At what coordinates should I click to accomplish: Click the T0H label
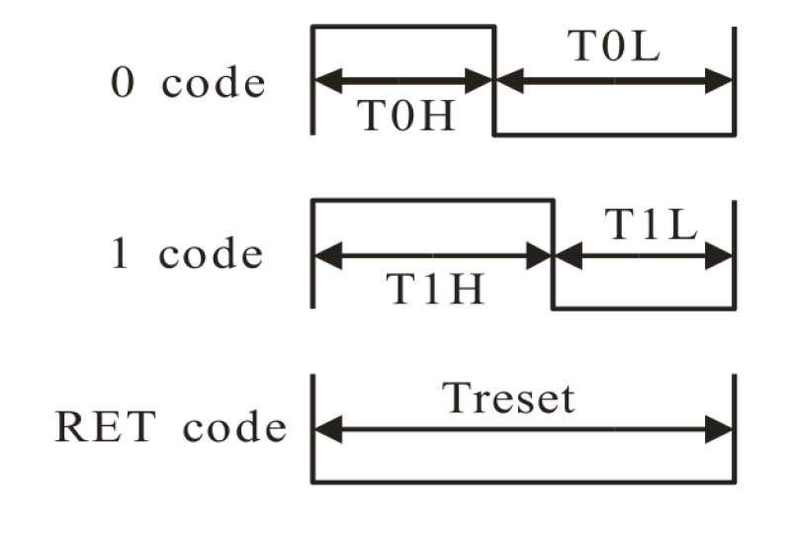(404, 117)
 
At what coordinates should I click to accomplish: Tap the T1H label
(434, 290)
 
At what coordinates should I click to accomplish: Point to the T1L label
(651, 225)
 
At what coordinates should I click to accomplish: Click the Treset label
(508, 399)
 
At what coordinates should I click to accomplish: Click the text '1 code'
(186, 255)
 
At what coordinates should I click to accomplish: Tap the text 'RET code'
(170, 427)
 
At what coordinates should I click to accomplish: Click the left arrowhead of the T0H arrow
(325, 82)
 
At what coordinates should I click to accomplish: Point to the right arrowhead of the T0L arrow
(721, 82)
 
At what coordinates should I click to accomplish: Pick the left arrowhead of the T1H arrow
(325, 256)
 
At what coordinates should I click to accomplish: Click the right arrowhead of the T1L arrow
(722, 256)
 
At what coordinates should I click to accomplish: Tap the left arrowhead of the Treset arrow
(325, 429)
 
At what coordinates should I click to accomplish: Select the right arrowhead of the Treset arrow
(722, 429)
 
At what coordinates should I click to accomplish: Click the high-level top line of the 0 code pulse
(402, 27)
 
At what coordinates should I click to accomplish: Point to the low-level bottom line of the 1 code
(643, 309)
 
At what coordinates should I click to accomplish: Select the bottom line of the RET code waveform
(523, 483)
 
